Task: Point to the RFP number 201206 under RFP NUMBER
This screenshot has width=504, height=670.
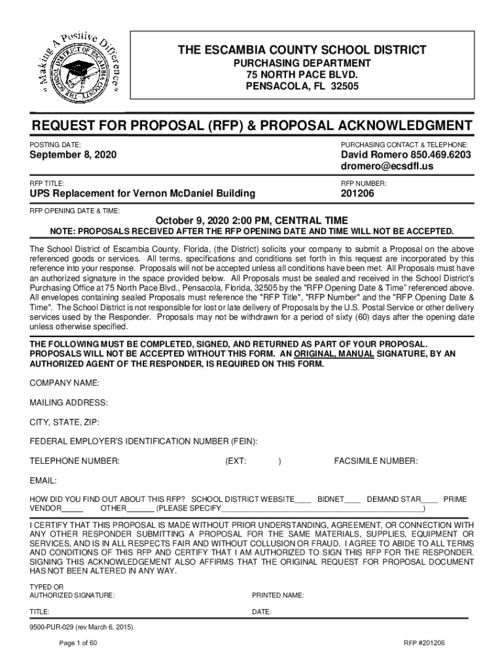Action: click(357, 194)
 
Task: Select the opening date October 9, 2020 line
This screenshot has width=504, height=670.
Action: click(251, 220)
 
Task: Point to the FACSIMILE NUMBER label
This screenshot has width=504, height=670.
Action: click(376, 461)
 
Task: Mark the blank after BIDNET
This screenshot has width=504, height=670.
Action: click(353, 499)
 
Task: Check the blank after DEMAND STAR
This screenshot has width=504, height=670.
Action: click(430, 499)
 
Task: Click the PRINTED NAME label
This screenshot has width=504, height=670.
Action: click(278, 595)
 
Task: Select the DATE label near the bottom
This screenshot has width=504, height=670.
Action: click(262, 612)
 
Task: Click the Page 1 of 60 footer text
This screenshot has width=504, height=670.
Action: click(78, 643)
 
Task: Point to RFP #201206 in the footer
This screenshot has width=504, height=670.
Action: click(424, 643)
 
